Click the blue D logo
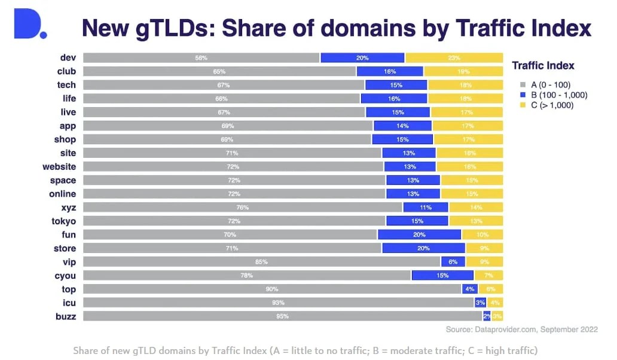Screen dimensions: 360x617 point(29,25)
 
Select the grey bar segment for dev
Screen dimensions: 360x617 point(201,58)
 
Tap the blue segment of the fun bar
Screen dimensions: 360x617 point(419,234)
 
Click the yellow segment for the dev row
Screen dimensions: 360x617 point(454,58)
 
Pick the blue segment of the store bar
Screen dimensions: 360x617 point(423,248)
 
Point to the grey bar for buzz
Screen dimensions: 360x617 point(282,316)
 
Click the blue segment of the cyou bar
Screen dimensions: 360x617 point(442,275)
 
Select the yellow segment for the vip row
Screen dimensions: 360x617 point(484,262)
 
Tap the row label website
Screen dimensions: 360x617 point(59,166)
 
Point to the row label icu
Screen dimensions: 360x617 point(69,303)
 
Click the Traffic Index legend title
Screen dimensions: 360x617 point(543,66)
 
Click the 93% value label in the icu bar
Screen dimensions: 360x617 point(278,303)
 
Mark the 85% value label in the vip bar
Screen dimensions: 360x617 point(261,262)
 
